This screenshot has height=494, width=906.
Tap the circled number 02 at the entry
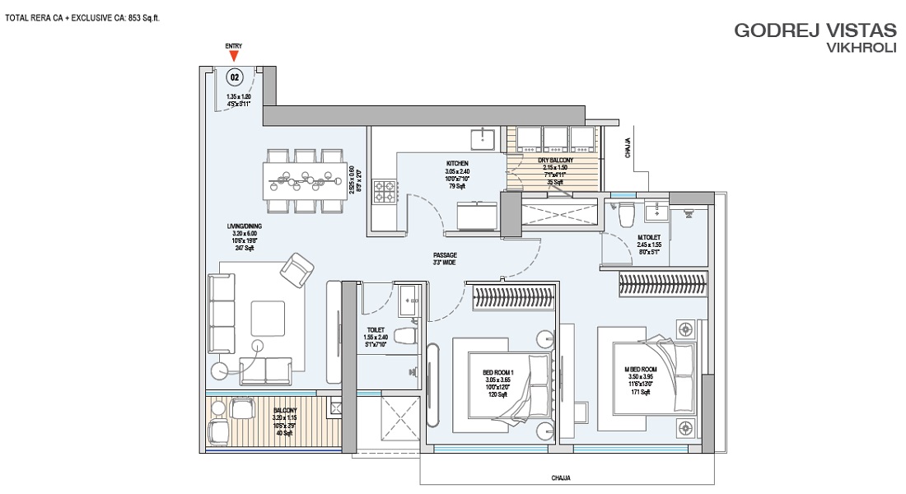tap(236, 77)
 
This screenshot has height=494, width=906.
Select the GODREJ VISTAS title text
tap(815, 30)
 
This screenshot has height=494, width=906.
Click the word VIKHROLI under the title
tap(861, 49)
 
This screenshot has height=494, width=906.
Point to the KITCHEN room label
tap(457, 164)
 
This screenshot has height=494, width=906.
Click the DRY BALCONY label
tap(555, 161)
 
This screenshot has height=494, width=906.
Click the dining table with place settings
tap(306, 176)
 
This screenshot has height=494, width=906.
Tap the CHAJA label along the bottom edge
tap(561, 478)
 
